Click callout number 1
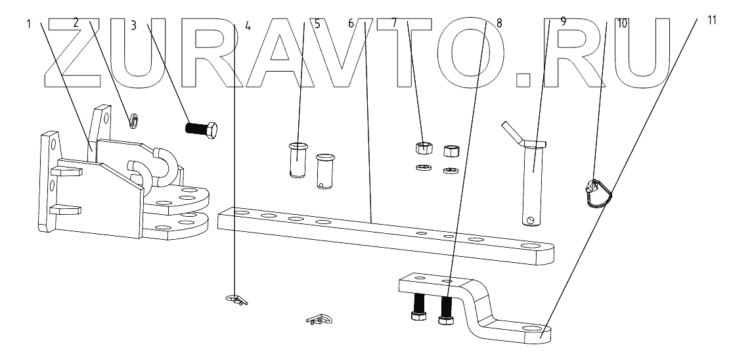click(x=29, y=24)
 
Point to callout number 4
click(x=248, y=26)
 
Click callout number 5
click(x=317, y=24)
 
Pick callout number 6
click(x=351, y=24)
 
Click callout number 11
click(x=712, y=20)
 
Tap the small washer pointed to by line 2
click(x=131, y=120)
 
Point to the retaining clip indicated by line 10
click(x=596, y=193)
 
